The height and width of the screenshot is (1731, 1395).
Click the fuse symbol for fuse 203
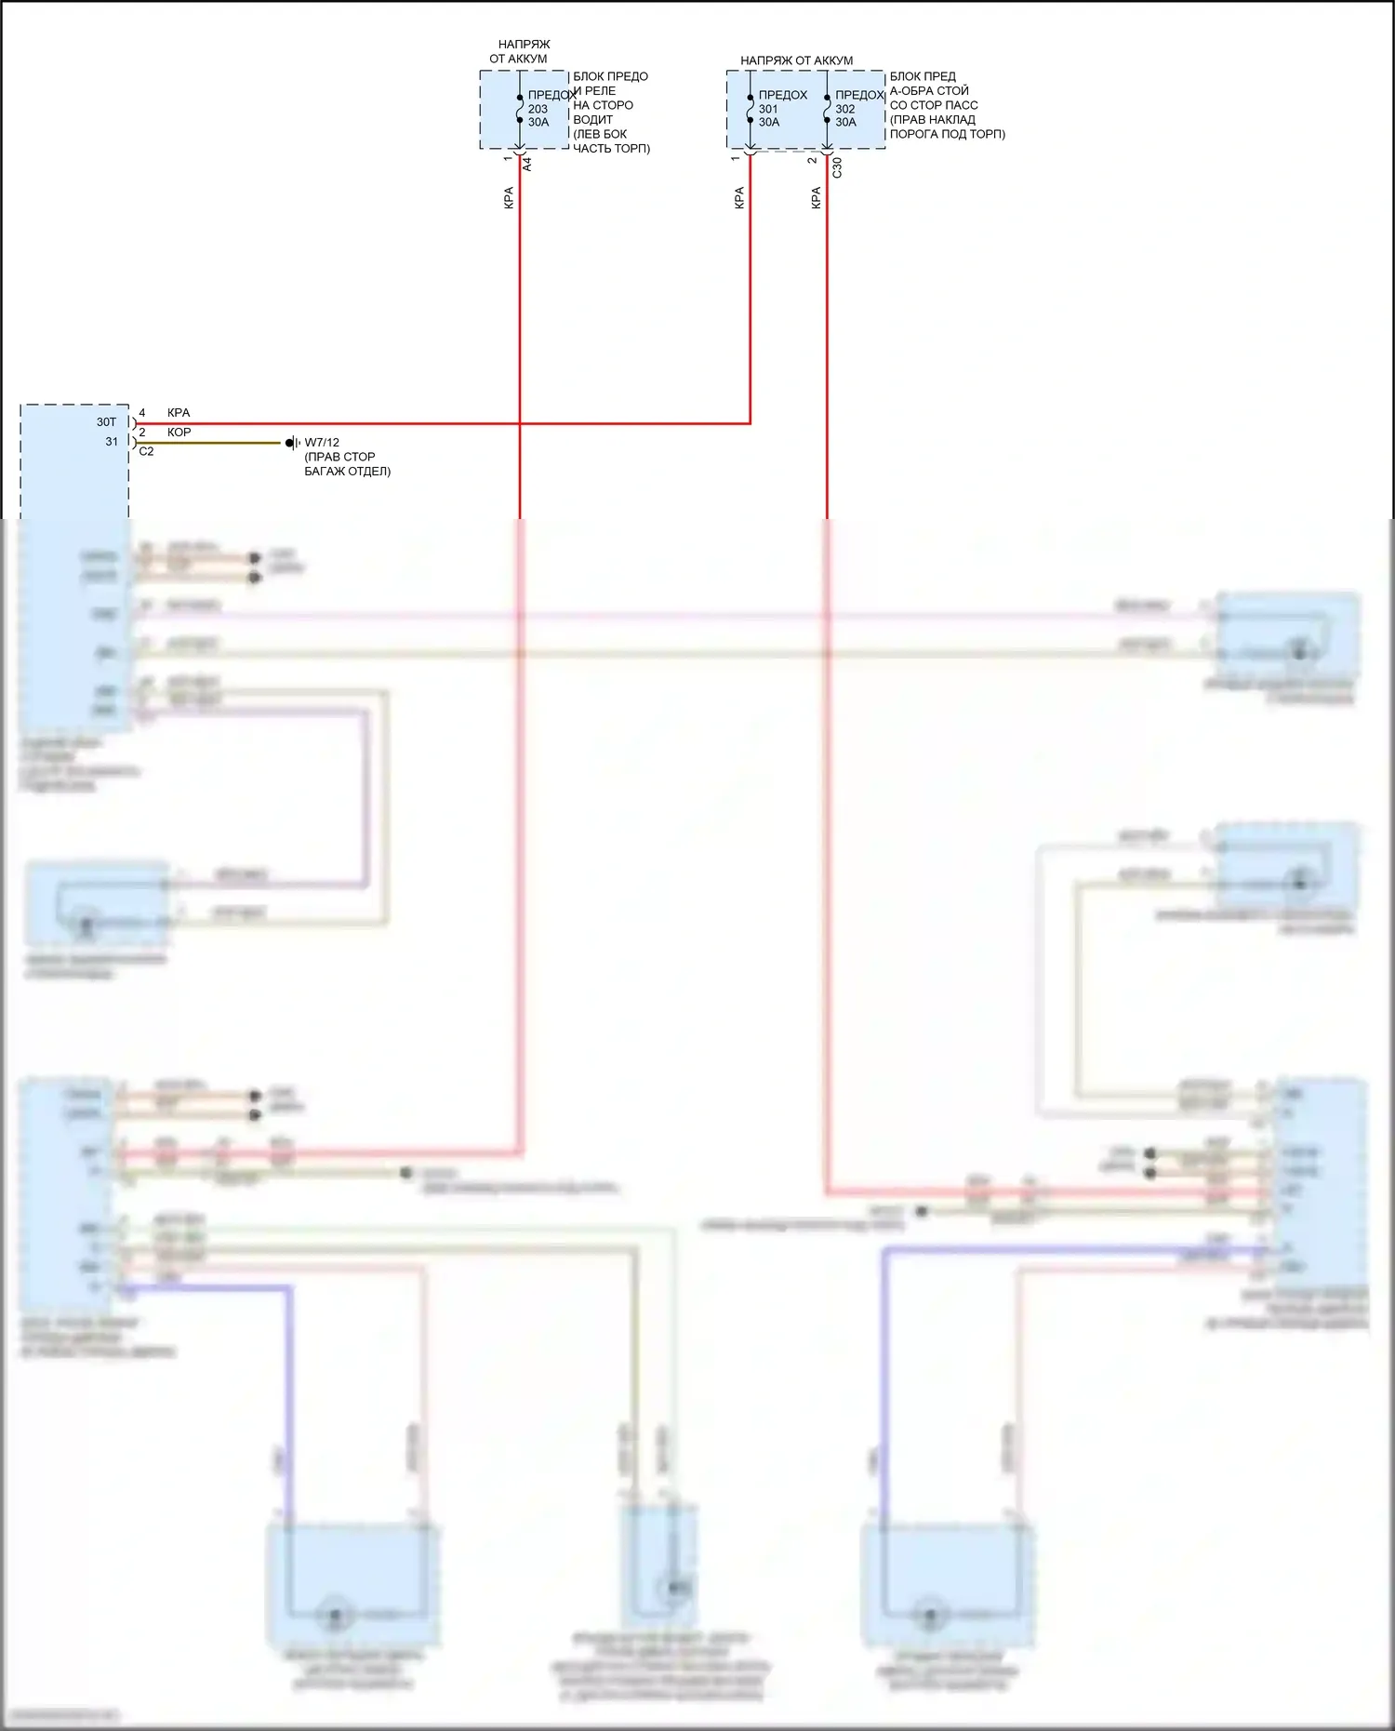tap(520, 109)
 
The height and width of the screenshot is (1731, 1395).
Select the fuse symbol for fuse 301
tap(750, 109)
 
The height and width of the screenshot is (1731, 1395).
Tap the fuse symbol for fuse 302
tap(827, 109)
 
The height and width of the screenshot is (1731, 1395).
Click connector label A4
tap(527, 164)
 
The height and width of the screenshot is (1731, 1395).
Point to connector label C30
tap(837, 167)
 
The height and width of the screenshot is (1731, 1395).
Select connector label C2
tap(146, 452)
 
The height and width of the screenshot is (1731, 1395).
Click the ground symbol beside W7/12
tap(292, 443)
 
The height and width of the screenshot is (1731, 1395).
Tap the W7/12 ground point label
tap(322, 443)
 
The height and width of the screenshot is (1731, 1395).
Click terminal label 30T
tap(107, 422)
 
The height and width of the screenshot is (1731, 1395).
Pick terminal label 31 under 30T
tap(112, 442)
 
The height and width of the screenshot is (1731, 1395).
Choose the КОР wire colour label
tap(179, 433)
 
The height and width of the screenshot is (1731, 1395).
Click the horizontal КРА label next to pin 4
tap(179, 413)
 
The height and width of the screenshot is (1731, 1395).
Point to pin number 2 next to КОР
tap(142, 433)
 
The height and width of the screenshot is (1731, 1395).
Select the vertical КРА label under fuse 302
tap(817, 198)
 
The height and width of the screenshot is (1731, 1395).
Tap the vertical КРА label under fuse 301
tap(739, 198)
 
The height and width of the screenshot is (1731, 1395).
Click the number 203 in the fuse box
tap(538, 109)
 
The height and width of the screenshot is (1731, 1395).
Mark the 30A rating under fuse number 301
tap(769, 122)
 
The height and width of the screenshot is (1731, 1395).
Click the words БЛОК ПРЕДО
tap(610, 76)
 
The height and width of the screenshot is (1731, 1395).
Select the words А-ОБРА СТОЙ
tap(929, 91)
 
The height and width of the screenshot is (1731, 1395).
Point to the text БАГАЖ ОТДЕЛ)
tap(347, 472)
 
